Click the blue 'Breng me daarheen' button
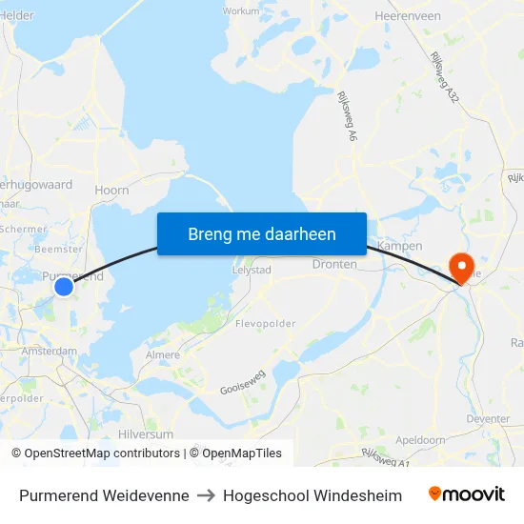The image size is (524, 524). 262,233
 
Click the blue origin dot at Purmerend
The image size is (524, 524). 64,286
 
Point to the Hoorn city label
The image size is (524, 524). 111,191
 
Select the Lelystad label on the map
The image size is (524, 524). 252,270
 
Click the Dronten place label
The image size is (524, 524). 334,265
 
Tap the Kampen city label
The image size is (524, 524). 399,246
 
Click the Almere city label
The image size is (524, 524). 163,355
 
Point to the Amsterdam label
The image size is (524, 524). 50,351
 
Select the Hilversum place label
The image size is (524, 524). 146,433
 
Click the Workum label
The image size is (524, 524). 240,11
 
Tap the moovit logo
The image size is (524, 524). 466,494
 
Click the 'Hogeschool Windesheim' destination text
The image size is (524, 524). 312,495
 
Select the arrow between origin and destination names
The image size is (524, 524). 207,495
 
